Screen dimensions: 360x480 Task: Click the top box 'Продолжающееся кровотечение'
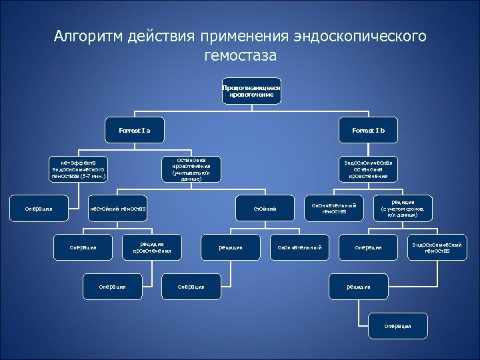pyautogui.click(x=251, y=91)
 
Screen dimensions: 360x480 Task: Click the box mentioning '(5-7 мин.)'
pyautogui.click(x=79, y=170)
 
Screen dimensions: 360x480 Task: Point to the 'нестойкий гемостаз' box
pyautogui.click(x=118, y=209)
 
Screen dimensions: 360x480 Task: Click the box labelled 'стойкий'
pyautogui.click(x=265, y=209)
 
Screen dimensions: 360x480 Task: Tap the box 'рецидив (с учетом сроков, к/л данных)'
pyautogui.click(x=403, y=209)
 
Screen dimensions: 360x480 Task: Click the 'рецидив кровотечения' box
pyautogui.click(x=152, y=247)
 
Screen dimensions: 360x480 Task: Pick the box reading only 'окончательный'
pyautogui.click(x=300, y=247)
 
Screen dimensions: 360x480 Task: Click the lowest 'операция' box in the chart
pyautogui.click(x=398, y=325)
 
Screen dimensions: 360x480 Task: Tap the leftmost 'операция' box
pyautogui.click(x=39, y=209)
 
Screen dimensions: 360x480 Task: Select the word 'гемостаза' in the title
pyautogui.click(x=240, y=56)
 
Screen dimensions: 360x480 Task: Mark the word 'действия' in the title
pyautogui.click(x=164, y=36)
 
